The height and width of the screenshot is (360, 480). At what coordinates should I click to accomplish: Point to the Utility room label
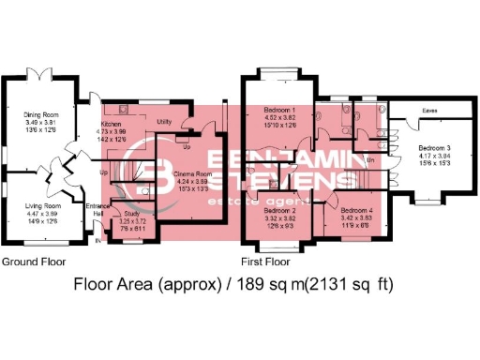click(163, 122)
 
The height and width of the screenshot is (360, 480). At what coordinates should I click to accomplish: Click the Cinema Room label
click(193, 174)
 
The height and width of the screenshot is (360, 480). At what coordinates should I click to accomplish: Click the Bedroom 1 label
click(283, 111)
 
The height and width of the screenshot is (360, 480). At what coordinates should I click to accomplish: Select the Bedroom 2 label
click(282, 211)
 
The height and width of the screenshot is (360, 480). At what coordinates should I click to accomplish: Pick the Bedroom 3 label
click(433, 149)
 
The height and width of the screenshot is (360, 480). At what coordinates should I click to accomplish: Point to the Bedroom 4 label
click(357, 211)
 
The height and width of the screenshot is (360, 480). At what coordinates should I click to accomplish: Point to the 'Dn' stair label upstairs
click(371, 160)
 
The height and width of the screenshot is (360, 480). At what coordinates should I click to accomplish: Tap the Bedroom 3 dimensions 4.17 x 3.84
click(433, 157)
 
